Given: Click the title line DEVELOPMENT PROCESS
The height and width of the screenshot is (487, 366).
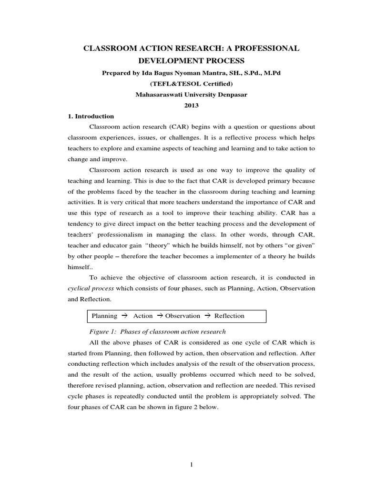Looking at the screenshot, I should point(191,61).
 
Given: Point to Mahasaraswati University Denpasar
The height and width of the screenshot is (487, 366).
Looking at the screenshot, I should point(191,94).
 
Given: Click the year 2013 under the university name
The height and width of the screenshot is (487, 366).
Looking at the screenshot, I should point(191,105).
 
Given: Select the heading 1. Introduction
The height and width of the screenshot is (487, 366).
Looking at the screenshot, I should point(90,116).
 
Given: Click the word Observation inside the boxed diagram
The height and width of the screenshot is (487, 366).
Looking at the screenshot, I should point(183,316).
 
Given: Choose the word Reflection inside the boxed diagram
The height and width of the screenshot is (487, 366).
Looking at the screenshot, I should point(229,316).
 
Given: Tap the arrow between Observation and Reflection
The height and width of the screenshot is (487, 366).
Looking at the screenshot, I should point(207,316).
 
